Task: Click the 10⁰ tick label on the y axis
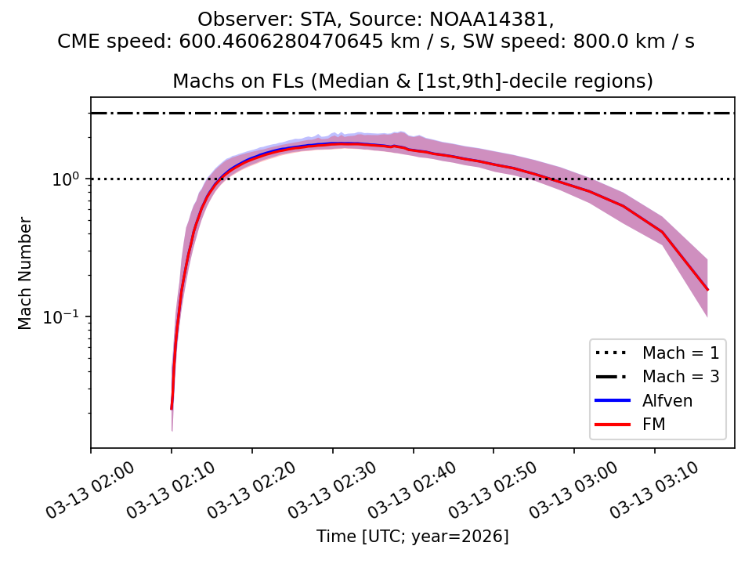click(69, 179)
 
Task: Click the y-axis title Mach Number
click(26, 273)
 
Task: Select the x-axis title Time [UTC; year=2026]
click(412, 537)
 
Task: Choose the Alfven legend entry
click(667, 400)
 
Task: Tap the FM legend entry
click(654, 425)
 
